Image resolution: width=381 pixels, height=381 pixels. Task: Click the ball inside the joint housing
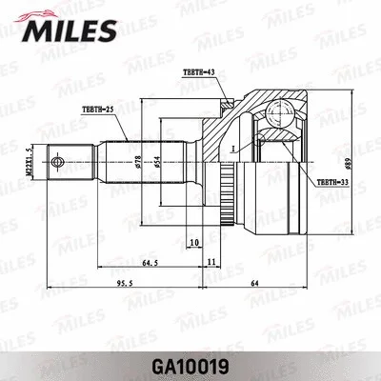click(x=281, y=115)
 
